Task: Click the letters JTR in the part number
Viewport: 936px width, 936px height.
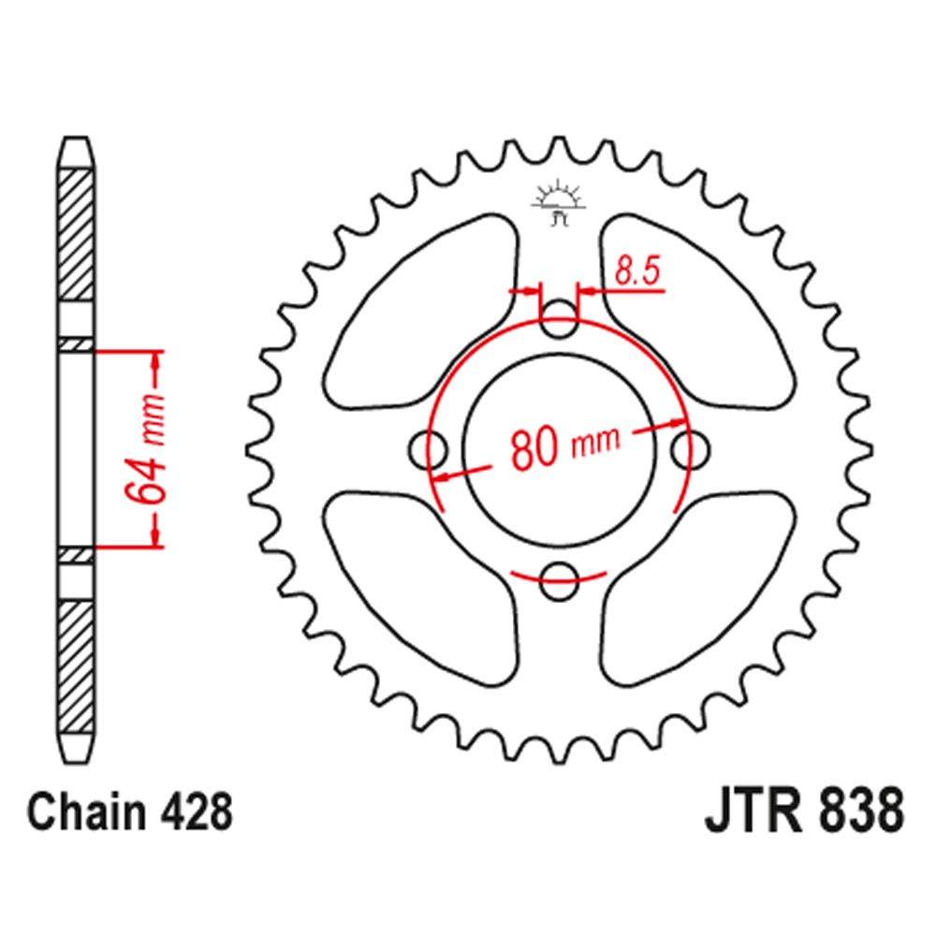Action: [x=745, y=812]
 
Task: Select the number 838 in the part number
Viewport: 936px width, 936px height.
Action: [x=851, y=812]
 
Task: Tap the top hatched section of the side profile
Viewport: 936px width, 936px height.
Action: [x=77, y=234]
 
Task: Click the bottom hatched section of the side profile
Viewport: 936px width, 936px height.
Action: [x=77, y=665]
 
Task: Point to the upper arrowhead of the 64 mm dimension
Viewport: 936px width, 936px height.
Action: [x=156, y=359]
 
